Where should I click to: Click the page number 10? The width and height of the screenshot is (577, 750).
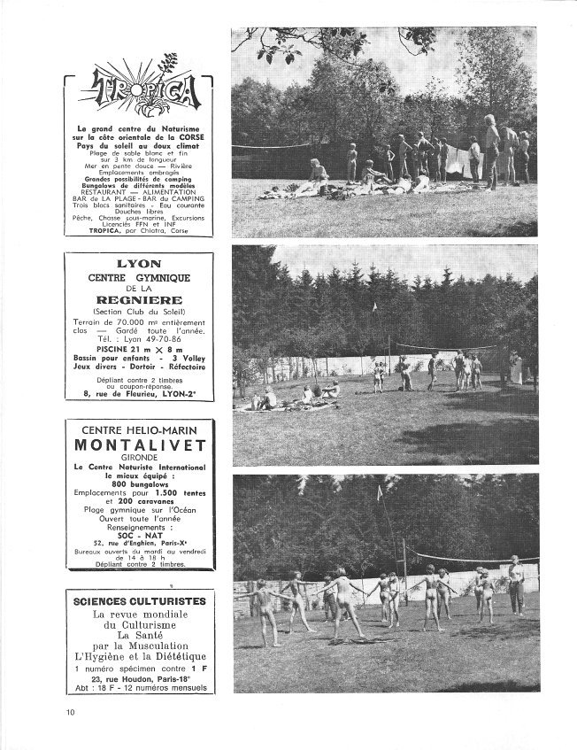[71, 711]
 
